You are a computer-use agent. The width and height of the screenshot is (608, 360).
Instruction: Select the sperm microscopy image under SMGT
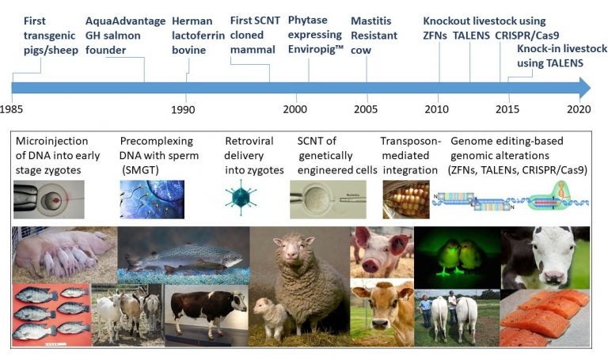tap(152, 199)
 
